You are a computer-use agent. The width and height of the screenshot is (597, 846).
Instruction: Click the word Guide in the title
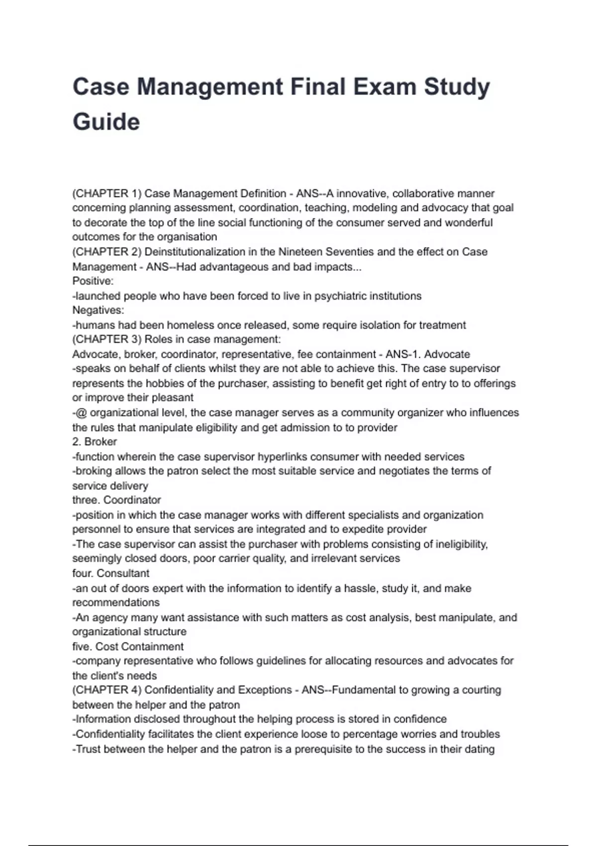(x=106, y=122)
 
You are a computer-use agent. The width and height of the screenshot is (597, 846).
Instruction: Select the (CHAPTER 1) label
(x=107, y=193)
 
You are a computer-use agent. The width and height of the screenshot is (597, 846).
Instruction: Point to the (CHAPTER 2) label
(x=107, y=252)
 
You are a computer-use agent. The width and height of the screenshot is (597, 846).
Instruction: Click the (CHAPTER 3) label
(x=107, y=339)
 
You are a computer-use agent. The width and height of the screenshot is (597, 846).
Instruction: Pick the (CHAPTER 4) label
(x=107, y=690)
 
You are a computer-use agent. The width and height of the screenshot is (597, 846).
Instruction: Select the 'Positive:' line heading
(x=93, y=281)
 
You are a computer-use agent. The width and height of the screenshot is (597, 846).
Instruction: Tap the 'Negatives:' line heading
(x=98, y=310)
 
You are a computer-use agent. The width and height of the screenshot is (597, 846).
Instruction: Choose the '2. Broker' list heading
(x=95, y=442)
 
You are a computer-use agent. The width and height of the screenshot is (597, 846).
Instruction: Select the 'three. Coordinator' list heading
(x=116, y=500)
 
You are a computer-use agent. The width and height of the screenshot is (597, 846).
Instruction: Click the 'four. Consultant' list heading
(x=110, y=573)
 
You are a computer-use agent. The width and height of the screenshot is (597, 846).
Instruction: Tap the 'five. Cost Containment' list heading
(x=128, y=646)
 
